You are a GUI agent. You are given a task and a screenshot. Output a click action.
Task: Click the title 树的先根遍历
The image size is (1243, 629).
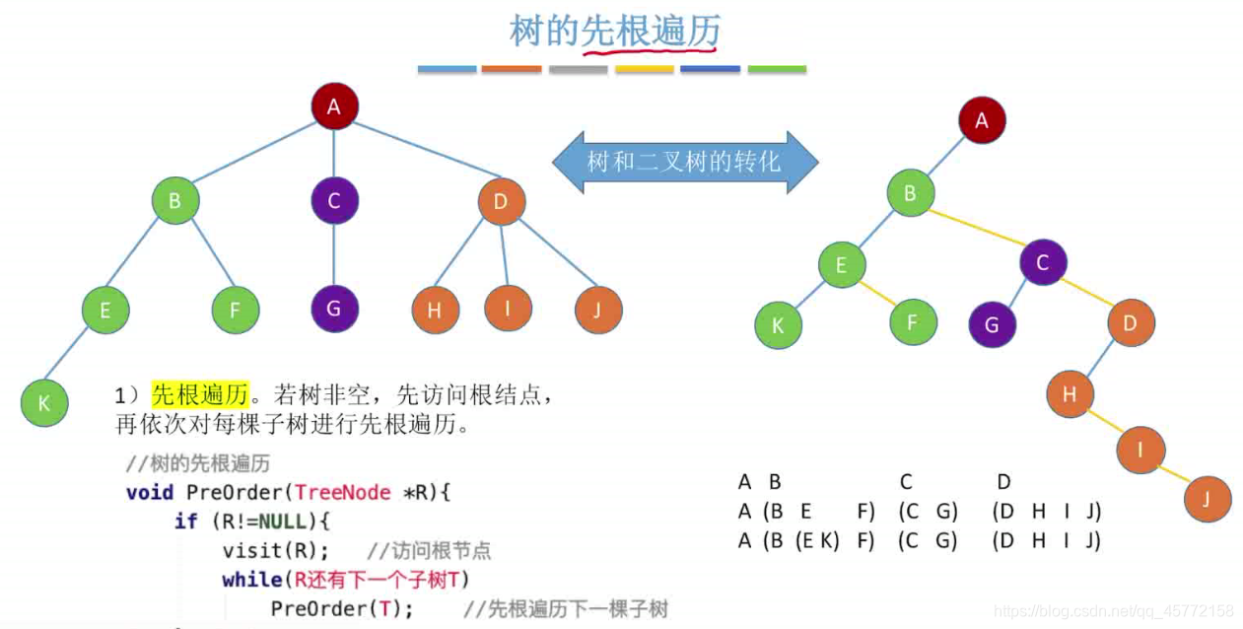(x=614, y=32)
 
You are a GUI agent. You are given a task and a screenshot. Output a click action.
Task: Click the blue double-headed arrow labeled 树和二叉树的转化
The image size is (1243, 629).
(x=684, y=161)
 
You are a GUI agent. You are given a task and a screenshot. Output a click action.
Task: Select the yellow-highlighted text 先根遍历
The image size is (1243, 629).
(x=200, y=396)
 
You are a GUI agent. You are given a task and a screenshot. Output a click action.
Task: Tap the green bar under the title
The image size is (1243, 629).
(x=777, y=70)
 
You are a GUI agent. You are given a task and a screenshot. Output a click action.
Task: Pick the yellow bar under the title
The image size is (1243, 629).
(x=644, y=70)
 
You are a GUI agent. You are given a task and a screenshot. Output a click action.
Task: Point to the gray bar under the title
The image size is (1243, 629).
(x=578, y=70)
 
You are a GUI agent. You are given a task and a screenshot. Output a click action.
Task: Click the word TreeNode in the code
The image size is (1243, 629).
(x=343, y=492)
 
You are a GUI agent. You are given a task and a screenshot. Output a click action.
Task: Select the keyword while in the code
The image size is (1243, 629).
(x=251, y=579)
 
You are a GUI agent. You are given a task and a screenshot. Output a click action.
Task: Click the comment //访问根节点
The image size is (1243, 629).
(x=429, y=550)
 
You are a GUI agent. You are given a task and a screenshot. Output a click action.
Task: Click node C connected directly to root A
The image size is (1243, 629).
(x=334, y=201)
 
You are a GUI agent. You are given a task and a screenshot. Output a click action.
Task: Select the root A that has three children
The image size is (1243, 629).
(x=334, y=106)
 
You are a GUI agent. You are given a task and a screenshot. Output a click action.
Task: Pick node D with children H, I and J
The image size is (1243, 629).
(x=501, y=203)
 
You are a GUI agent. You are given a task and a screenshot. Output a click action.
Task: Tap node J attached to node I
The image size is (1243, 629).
(x=1208, y=498)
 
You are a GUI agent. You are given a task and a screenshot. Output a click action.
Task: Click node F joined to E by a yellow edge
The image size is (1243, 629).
(x=913, y=321)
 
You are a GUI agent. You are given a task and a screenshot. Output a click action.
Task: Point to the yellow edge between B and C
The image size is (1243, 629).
(x=976, y=227)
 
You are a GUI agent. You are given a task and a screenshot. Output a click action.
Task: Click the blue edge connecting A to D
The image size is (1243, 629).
(x=418, y=154)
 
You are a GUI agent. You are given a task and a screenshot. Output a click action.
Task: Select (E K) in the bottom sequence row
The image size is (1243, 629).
(x=817, y=540)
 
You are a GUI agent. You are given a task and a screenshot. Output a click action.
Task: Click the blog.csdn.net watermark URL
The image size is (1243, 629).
(x=1113, y=611)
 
